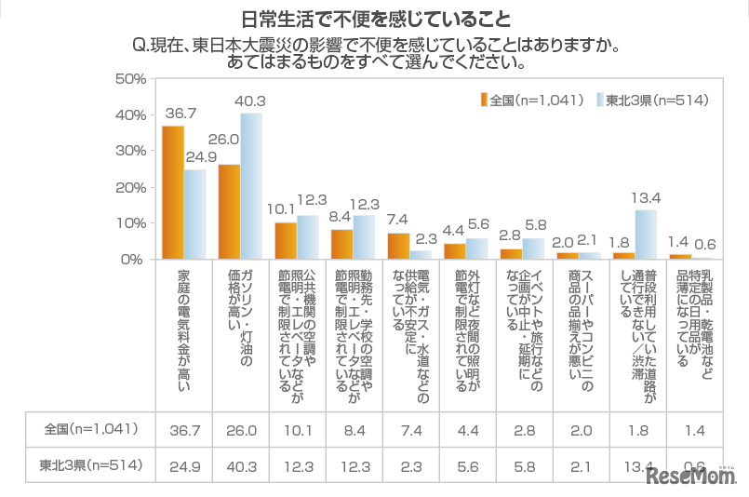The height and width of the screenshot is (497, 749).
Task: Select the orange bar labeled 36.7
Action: click(x=172, y=193)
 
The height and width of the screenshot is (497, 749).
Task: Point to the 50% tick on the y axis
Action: click(x=129, y=79)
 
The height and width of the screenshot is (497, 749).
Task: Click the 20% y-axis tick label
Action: click(x=129, y=187)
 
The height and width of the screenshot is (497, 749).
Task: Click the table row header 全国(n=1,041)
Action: click(x=91, y=429)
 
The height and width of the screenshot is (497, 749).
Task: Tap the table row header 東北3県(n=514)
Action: click(x=91, y=464)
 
